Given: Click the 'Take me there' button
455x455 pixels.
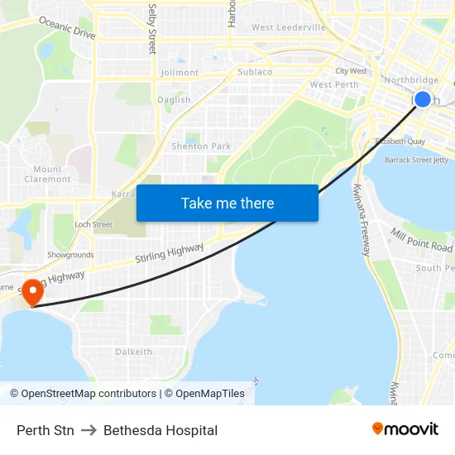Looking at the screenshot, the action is [x=227, y=203].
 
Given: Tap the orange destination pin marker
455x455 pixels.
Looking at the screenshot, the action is [x=32, y=292].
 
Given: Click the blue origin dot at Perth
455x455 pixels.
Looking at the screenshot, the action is [x=422, y=99].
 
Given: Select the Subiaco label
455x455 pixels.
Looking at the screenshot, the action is [x=255, y=72].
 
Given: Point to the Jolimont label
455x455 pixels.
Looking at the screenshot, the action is [x=180, y=73].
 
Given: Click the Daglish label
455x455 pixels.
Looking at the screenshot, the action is [x=174, y=100].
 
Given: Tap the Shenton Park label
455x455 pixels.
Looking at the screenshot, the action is [x=201, y=146].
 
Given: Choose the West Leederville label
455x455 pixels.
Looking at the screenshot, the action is [x=289, y=27].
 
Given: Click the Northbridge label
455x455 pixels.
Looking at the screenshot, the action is [x=411, y=80].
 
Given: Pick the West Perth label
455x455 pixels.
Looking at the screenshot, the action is [x=334, y=85].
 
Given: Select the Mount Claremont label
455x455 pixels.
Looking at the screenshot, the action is [x=48, y=174].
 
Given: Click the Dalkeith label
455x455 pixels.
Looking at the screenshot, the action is [x=133, y=352].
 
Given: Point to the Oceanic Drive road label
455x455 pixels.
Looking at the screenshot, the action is [x=67, y=28].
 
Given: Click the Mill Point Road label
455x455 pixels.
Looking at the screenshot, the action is [x=422, y=241].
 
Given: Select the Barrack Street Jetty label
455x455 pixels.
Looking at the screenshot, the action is [x=416, y=160].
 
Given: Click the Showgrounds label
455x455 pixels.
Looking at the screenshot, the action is [x=70, y=255].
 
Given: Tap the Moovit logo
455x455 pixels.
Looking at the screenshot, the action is [x=405, y=429].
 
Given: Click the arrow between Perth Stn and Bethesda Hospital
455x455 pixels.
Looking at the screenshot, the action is [x=89, y=430].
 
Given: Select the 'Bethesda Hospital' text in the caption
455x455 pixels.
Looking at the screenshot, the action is [x=160, y=430].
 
